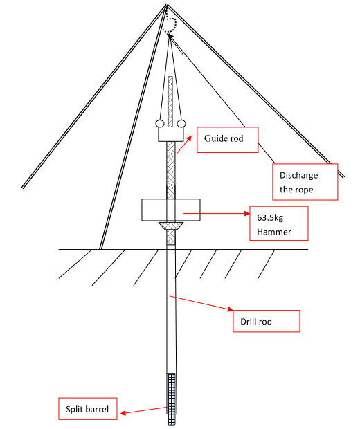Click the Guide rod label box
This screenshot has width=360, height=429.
pos(228,140)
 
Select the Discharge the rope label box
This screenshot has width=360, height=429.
pos(305,182)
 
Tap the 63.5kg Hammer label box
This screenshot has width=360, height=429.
pos(279,223)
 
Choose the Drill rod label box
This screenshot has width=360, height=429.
pos(267,321)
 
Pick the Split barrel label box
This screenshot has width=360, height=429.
pos(88,409)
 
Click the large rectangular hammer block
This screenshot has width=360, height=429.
pos(171,210)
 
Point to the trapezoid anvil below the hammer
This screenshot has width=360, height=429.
pos(171,226)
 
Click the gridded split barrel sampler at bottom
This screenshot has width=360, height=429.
pos(172,399)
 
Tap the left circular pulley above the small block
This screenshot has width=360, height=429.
pos(160,124)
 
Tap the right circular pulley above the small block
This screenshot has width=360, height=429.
pos(181,124)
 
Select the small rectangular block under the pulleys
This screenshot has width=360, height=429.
pos(171,134)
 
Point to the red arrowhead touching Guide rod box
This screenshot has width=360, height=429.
pos(188,138)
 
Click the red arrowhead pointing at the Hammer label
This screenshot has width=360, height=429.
pos(247,213)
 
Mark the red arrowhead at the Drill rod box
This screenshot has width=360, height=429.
pos(230,309)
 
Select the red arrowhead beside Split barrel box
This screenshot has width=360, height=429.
pos(123,413)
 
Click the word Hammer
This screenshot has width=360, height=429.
pos(274,232)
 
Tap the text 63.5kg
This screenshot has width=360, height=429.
pos(270,218)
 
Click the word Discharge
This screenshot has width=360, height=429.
pos(298,175)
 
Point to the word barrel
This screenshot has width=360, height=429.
pos(97,409)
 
